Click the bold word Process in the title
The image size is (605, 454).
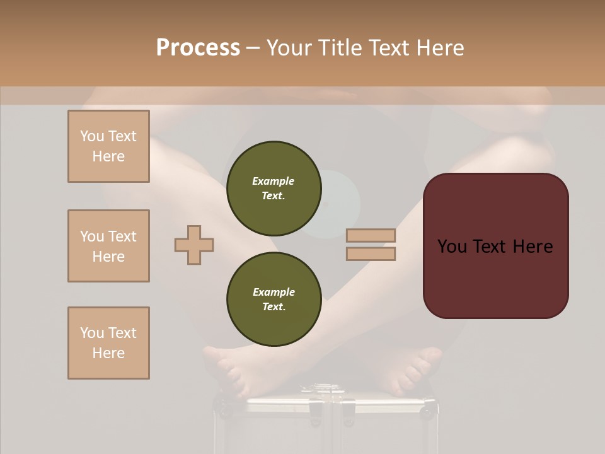point(198,48)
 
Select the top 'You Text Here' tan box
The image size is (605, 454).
point(108,146)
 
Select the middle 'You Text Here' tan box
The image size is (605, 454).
point(108,246)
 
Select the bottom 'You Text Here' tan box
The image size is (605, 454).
point(108,343)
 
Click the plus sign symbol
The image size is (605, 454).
point(194,244)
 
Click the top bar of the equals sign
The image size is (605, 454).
point(371,235)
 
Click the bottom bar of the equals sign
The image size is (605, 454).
point(371,253)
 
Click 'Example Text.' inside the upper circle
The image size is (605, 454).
point(274,188)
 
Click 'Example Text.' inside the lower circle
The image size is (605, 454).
point(274,300)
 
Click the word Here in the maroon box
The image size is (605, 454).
point(533,247)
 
